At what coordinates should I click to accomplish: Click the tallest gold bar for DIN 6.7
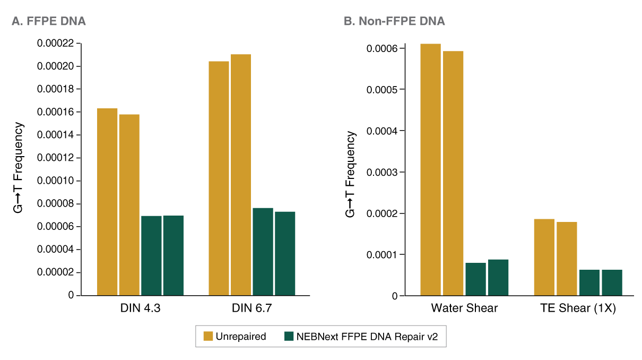[241, 175]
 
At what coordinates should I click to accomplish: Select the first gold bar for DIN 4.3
[107, 202]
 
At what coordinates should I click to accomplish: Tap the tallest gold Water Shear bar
[430, 169]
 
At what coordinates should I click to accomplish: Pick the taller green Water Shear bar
[498, 277]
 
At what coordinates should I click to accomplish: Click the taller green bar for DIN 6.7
[263, 251]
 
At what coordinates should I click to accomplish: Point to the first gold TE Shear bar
[544, 257]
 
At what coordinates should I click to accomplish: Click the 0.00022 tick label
[56, 44]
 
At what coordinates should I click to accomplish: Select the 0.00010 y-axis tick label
[56, 181]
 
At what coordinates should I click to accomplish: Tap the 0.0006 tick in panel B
[381, 48]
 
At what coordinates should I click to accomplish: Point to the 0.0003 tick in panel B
[381, 172]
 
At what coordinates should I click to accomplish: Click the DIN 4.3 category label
[141, 308]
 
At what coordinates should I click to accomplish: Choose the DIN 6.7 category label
[252, 308]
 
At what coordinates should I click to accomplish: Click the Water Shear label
[464, 308]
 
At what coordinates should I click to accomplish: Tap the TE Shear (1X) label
[578, 308]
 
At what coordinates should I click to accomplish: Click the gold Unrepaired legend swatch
[209, 336]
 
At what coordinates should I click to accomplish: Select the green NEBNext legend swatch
[289, 336]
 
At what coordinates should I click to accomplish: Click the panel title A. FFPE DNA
[49, 21]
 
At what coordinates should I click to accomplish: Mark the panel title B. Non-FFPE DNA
[394, 21]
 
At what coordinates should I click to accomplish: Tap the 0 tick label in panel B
[395, 296]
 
